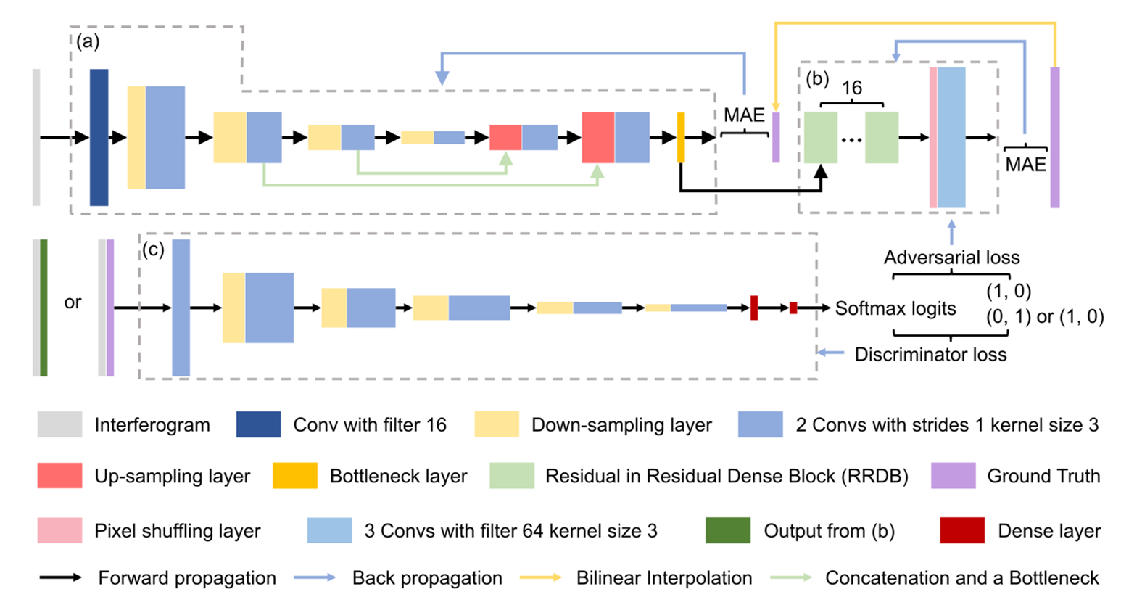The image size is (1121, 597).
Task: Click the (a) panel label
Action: tap(88, 41)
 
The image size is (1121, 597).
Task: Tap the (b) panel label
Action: tap(817, 79)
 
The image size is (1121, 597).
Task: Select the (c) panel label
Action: tap(153, 250)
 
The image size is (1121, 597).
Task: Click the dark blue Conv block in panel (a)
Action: tap(99, 137)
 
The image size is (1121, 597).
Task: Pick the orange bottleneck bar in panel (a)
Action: tap(681, 137)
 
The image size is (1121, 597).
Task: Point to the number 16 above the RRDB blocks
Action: tap(851, 88)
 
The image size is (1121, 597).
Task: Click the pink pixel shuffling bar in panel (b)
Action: tap(933, 137)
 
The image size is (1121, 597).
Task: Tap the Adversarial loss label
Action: tap(951, 258)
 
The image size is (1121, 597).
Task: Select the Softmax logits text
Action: tap(895, 309)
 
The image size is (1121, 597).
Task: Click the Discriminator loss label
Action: tap(930, 355)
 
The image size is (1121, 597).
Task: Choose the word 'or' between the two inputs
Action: tap(73, 302)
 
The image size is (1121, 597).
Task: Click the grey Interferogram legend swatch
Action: tap(59, 424)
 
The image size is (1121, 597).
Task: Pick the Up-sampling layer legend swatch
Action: tap(59, 476)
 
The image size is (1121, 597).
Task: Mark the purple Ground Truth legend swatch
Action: tap(953, 476)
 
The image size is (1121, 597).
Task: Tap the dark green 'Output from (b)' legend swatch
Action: tap(728, 531)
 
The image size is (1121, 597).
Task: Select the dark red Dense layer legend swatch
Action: tap(962, 531)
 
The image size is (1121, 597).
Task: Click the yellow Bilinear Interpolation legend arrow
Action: tap(541, 578)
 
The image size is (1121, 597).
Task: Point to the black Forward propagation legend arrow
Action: tap(61, 578)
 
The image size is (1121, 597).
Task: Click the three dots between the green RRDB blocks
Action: tap(851, 139)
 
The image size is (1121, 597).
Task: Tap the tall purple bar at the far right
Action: tap(1055, 137)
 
